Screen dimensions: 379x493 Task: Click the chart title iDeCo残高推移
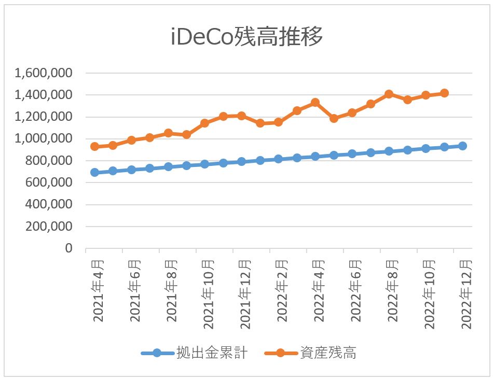point(247,38)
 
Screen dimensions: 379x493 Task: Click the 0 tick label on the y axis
point(68,249)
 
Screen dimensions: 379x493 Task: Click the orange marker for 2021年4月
point(94,147)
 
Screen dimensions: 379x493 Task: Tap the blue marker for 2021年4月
point(94,172)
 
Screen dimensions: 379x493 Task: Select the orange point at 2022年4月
point(315,103)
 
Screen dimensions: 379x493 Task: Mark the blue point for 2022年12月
point(462,146)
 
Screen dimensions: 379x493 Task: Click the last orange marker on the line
point(444,93)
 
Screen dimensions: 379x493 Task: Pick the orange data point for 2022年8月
point(389,94)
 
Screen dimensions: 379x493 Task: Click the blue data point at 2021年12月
point(241,161)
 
